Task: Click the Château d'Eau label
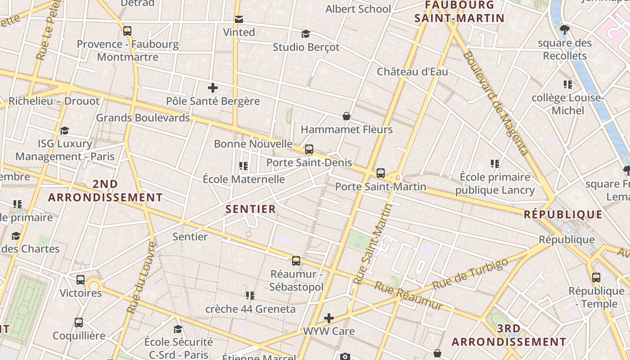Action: [412, 72]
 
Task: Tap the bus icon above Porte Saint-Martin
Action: [381, 173]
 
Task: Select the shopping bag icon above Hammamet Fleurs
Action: [346, 117]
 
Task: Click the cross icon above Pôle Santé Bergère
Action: [213, 88]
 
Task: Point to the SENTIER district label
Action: [251, 209]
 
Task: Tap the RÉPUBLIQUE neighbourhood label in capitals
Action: [563, 215]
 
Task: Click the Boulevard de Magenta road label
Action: [495, 103]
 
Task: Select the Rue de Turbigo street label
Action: [471, 273]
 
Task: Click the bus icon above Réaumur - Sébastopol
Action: [296, 261]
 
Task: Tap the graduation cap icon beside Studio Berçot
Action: [306, 34]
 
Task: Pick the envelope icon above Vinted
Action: [239, 19]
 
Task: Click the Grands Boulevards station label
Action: [143, 118]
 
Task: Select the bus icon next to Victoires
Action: [81, 279]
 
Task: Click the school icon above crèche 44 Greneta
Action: [250, 296]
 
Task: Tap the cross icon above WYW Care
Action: [329, 318]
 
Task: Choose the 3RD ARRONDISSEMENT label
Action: [509, 335]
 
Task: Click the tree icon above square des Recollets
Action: [565, 30]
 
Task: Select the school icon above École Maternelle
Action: [243, 166]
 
